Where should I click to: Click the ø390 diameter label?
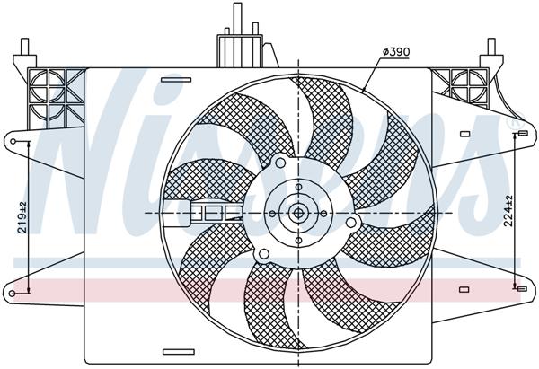[x=395, y=51]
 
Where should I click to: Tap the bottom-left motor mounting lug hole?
[x=261, y=254]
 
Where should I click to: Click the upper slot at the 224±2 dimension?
[x=520, y=134]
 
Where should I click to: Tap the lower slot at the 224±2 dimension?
[x=520, y=289]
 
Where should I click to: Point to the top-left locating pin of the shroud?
[x=24, y=47]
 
